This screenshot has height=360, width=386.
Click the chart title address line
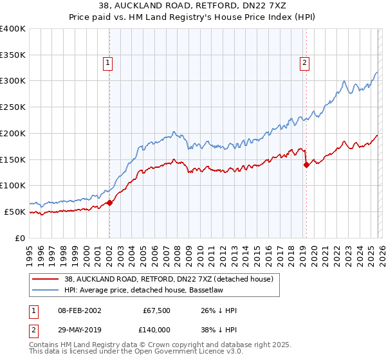coord(192,6)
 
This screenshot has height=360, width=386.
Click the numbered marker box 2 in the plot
coord(304,62)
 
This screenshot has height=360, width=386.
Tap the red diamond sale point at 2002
coord(109,203)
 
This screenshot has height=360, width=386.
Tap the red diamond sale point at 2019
coord(306,165)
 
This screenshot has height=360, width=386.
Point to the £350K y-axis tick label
coord(13,55)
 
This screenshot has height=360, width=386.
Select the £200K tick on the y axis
coord(13,133)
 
